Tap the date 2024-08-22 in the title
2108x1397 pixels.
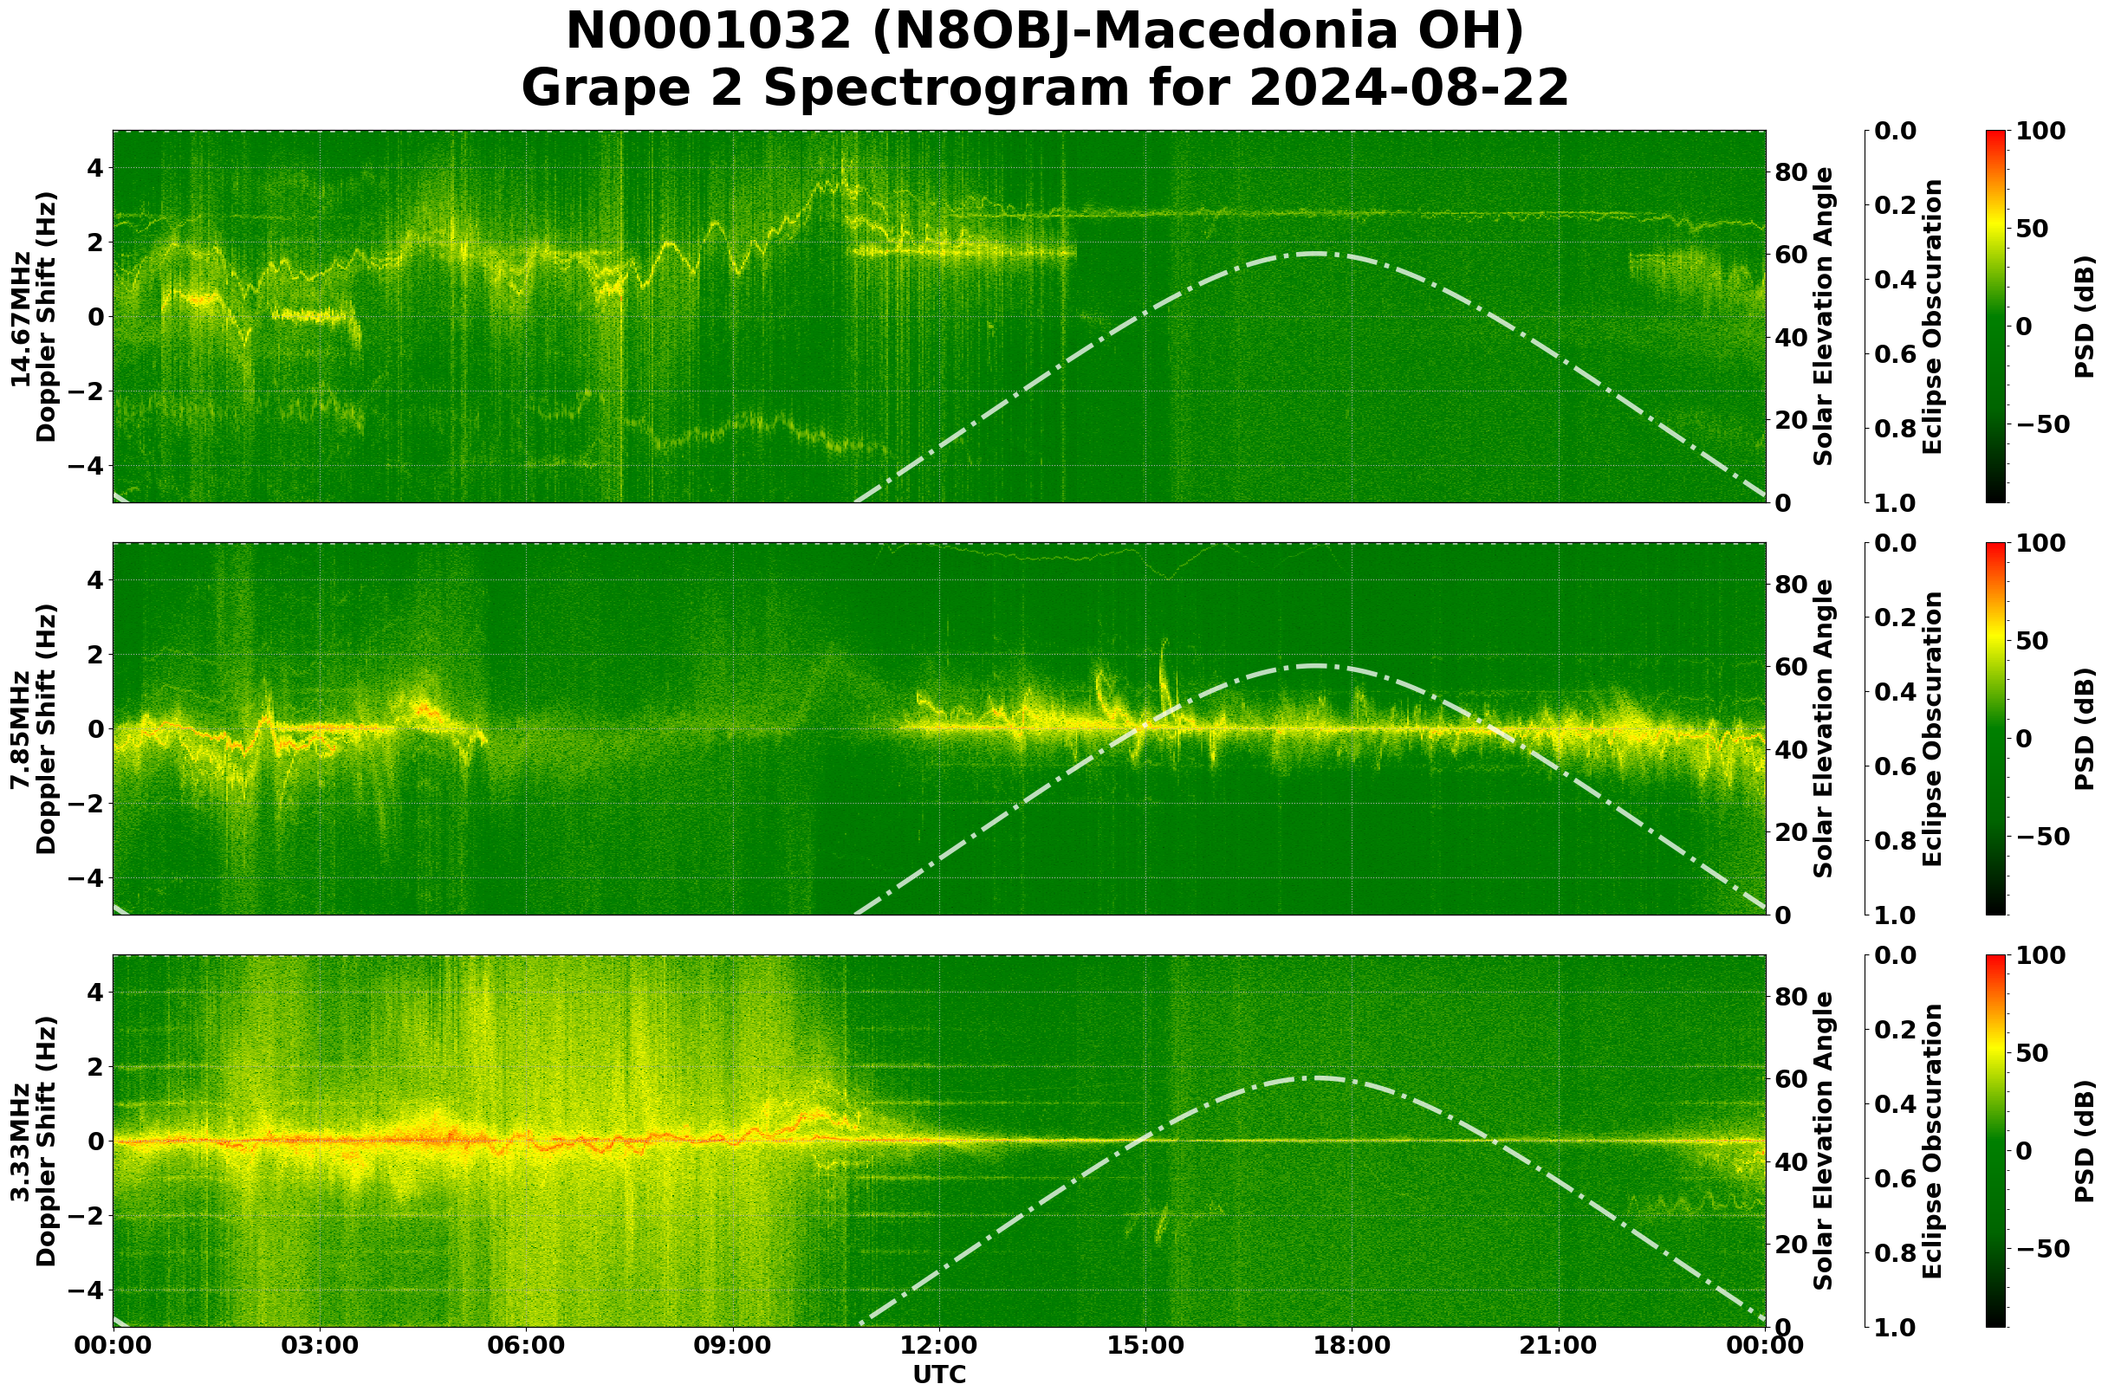tap(1408, 89)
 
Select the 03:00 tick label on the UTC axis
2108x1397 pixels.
tap(319, 1344)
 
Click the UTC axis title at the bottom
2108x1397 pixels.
tap(939, 1374)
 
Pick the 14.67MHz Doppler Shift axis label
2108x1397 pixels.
tap(33, 316)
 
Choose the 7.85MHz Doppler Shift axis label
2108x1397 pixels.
tap(33, 728)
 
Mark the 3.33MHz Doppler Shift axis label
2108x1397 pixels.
tap(33, 1142)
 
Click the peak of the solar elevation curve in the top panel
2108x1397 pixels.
tap(1313, 254)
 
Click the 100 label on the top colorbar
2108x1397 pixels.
tap(2040, 131)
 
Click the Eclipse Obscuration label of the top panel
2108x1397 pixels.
tap(1931, 316)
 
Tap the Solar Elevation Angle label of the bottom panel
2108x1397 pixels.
tap(1824, 1142)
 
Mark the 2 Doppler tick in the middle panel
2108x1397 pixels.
tap(97, 654)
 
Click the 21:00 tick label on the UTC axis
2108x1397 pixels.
tap(1559, 1344)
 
